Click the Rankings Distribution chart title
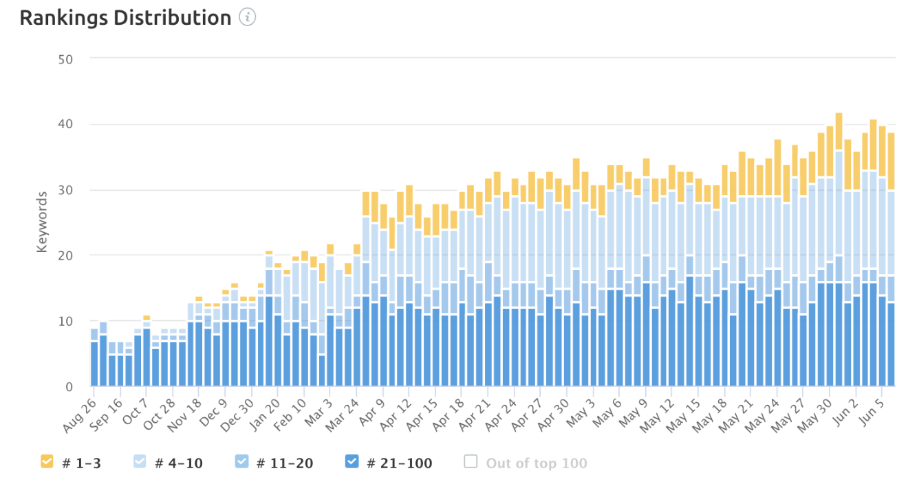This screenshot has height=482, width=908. point(125,18)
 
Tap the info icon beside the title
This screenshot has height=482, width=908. point(247,18)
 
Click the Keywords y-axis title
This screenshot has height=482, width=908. point(43,222)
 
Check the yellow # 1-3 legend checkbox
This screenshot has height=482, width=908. point(47,462)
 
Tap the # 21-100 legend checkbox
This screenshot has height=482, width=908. point(352,462)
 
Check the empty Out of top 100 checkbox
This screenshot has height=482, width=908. point(471,462)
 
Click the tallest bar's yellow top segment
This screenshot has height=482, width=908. point(839,132)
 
